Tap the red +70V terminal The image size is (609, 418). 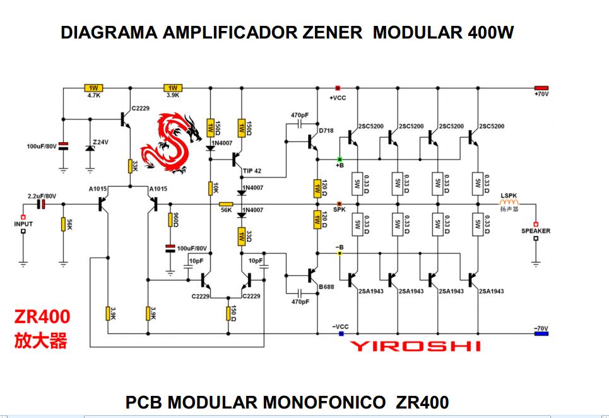[x=541, y=88]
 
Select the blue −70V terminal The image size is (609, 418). [x=541, y=333]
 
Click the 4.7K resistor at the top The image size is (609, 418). [x=93, y=88]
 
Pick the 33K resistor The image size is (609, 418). [x=129, y=166]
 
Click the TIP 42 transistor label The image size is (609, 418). [x=251, y=170]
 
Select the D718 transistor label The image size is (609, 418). [x=326, y=131]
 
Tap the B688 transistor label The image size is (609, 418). [x=326, y=287]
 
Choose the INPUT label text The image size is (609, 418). [x=23, y=224]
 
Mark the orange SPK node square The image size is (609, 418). [x=340, y=203]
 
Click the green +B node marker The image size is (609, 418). [x=340, y=159]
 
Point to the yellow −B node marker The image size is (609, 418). [x=340, y=253]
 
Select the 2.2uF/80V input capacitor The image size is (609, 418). [x=42, y=204]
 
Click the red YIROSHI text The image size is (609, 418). [x=415, y=345]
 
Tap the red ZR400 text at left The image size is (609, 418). [x=42, y=316]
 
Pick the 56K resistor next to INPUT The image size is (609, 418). [x=63, y=224]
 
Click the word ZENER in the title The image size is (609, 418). [x=331, y=33]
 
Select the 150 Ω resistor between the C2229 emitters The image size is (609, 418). [x=228, y=313]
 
